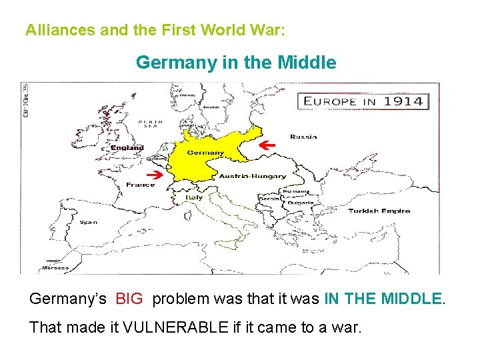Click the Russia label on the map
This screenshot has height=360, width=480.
[x=303, y=137]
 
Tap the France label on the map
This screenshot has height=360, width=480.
[x=140, y=185]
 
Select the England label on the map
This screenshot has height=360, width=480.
[x=127, y=147]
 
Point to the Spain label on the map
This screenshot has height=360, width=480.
[x=89, y=221]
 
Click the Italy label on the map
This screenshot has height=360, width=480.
[x=194, y=197]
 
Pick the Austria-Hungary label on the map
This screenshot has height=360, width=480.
[x=253, y=176]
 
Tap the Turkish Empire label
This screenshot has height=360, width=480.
[x=379, y=211]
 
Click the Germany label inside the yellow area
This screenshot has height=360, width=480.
[x=205, y=153]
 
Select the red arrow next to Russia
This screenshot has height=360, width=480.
[x=267, y=145]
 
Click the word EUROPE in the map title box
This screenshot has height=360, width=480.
[x=331, y=101]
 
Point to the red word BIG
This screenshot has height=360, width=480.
[x=129, y=299]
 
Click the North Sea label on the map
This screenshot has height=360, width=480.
[x=150, y=125]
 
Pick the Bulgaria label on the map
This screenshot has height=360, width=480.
[x=293, y=201]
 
